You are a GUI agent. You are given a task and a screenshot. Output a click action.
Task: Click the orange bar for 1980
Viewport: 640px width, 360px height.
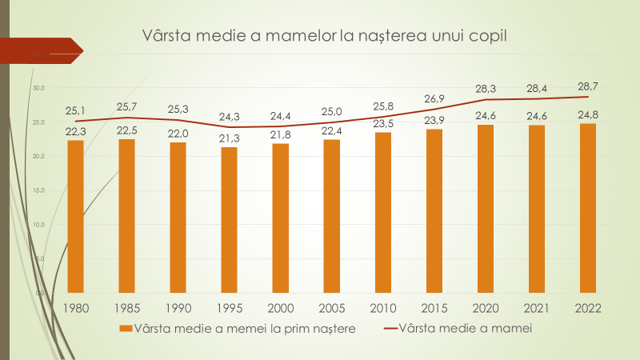point(75,216)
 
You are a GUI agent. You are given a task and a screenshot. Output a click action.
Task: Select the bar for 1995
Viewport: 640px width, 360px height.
point(229,219)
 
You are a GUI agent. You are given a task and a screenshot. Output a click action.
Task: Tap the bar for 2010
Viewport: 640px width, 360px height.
point(383,212)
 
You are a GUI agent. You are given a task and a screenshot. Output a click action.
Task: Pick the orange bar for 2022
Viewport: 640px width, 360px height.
point(588,208)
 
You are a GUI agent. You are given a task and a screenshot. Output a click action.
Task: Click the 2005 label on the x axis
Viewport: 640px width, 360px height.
point(332,307)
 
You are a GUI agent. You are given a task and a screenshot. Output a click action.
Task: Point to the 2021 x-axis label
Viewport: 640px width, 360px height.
point(537,307)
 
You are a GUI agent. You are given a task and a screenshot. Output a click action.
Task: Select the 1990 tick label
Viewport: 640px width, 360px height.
point(178,307)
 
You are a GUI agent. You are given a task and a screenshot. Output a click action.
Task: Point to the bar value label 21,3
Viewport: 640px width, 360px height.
point(229,139)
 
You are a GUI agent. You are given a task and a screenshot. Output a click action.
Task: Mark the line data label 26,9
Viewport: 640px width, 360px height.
point(434,98)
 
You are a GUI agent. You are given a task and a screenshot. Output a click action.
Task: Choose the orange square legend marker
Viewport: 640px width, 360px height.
point(125,329)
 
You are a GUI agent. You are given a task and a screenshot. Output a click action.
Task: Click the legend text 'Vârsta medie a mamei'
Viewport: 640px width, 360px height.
point(465,328)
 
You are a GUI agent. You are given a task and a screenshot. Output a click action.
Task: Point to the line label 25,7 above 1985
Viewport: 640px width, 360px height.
point(126,106)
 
